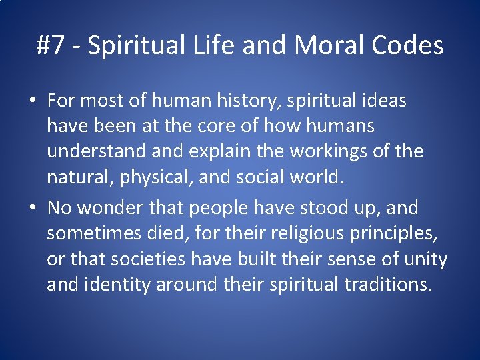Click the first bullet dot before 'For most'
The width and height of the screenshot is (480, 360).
[33, 101]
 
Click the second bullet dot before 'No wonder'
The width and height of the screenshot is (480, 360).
[33, 209]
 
